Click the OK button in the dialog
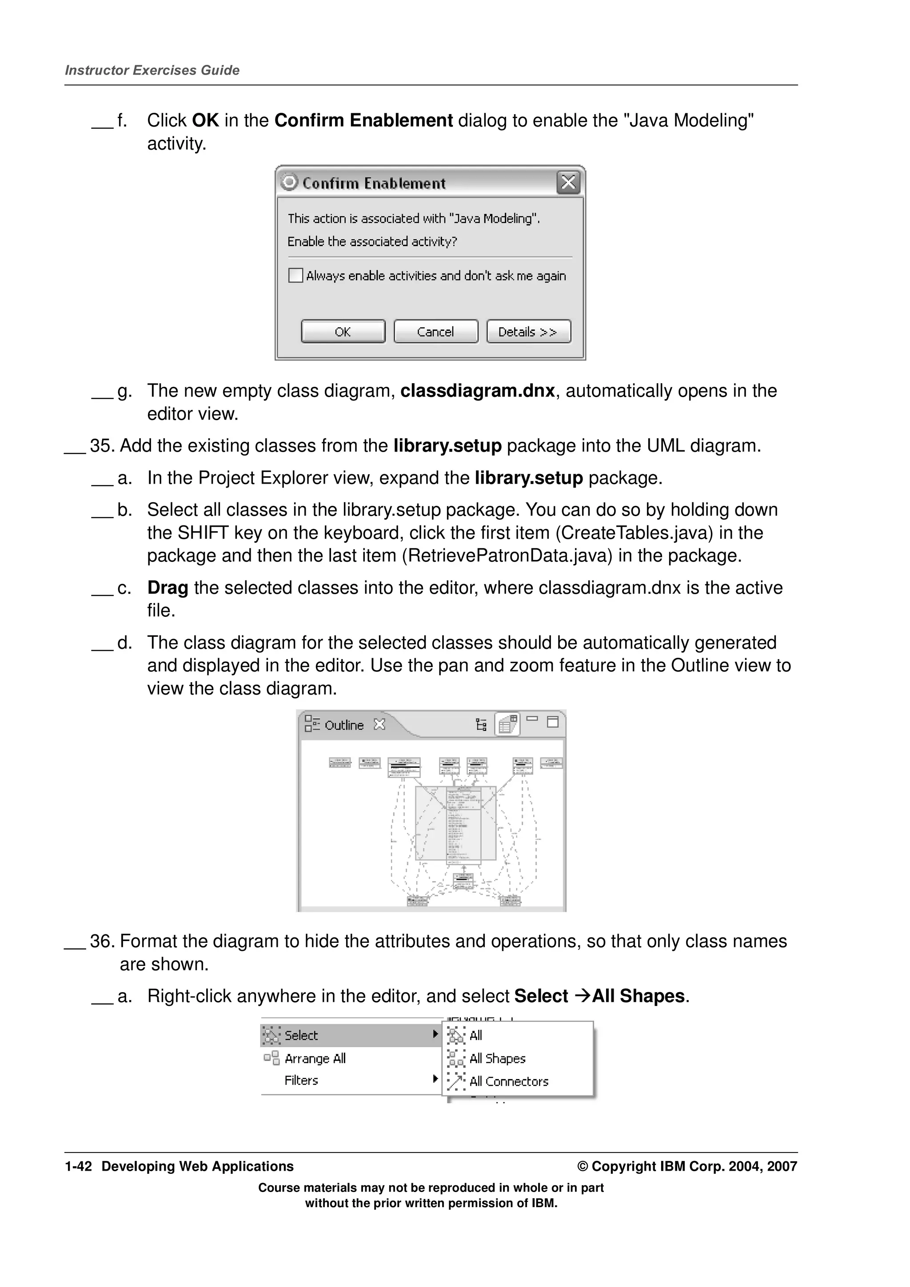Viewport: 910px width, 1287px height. click(343, 331)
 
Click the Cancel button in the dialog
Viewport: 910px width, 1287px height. click(435, 331)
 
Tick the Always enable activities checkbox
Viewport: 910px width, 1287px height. click(295, 275)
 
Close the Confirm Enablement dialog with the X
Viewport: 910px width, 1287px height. click(568, 183)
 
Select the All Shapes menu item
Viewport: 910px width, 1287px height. click(497, 1058)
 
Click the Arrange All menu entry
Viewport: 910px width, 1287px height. click(315, 1058)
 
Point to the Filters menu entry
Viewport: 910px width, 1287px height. click(301, 1080)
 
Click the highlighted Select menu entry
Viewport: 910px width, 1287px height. click(301, 1035)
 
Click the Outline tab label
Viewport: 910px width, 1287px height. click(344, 725)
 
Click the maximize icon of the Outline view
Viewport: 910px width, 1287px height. click(552, 722)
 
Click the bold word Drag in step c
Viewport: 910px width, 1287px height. click(167, 588)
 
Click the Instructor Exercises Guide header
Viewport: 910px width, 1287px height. click(152, 70)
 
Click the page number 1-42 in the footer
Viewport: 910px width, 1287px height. click(78, 1167)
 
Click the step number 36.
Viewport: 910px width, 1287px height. click(101, 941)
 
